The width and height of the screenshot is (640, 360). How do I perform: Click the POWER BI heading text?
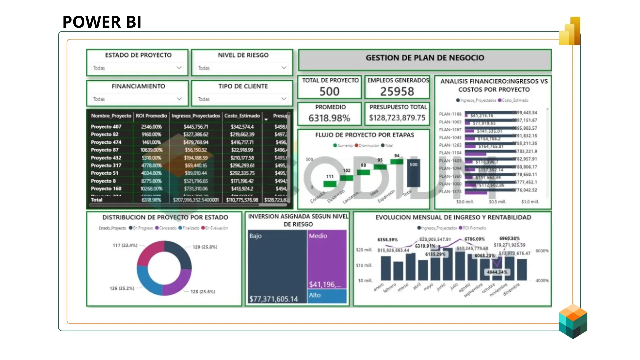tap(102, 22)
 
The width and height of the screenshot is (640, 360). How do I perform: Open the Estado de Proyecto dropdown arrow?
tap(179, 68)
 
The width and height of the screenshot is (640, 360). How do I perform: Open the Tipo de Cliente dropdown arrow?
tap(284, 99)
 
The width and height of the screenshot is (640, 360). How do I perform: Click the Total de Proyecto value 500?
tap(329, 91)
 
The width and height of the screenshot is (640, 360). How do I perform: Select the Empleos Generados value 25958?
tap(397, 91)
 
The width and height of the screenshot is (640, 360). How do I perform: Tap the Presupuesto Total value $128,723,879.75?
tap(397, 118)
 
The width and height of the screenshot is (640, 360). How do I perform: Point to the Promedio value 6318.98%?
tap(329, 118)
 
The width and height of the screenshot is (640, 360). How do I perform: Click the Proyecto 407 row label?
tap(106, 127)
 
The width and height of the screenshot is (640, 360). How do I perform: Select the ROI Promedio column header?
tap(151, 116)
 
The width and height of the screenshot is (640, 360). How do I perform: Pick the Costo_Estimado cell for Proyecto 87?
tap(242, 150)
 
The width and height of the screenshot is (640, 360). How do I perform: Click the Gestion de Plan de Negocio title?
tap(425, 58)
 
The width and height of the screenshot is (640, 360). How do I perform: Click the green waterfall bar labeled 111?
tap(330, 184)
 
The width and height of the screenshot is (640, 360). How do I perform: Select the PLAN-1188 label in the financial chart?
tap(450, 114)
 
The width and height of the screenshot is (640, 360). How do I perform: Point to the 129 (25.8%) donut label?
tap(205, 247)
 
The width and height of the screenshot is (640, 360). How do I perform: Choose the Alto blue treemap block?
tap(327, 296)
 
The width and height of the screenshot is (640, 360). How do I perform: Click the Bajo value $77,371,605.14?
tap(273, 299)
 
